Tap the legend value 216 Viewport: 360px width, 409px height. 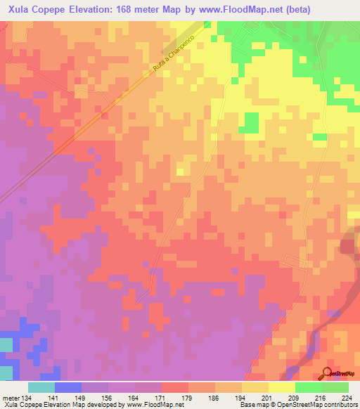[x=324, y=397]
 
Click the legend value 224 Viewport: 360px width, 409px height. [x=346, y=397]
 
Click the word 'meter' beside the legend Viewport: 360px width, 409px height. [x=11, y=397]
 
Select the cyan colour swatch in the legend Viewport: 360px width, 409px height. [x=41, y=387]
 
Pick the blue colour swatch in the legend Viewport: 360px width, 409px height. [x=68, y=387]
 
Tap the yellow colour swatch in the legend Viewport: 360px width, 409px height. [x=281, y=387]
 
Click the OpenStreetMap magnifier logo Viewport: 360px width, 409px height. [x=327, y=373]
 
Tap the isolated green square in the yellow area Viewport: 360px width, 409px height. [x=248, y=122]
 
